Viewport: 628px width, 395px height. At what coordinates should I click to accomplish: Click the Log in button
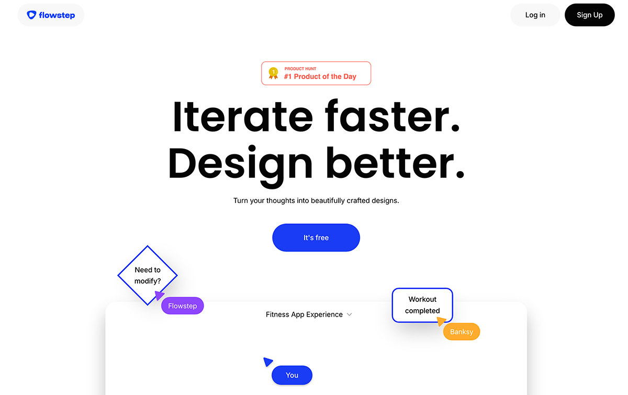tap(535, 15)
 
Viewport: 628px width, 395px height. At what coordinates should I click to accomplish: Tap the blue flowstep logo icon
tap(31, 15)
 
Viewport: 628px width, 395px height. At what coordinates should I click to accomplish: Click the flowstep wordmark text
tap(57, 15)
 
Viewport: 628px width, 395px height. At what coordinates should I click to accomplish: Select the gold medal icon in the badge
tap(273, 73)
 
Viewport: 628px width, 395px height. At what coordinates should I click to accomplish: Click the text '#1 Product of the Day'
tap(320, 76)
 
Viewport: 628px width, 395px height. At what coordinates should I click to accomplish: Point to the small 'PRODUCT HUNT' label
tap(300, 69)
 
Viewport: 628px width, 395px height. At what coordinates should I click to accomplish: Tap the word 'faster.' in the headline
tap(392, 116)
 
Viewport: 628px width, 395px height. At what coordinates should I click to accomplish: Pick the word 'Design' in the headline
tap(240, 165)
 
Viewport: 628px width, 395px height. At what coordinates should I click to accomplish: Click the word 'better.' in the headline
tap(395, 163)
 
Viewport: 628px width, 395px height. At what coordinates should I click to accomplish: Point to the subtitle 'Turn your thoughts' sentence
tap(316, 201)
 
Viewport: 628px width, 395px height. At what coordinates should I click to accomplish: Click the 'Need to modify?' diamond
tap(148, 275)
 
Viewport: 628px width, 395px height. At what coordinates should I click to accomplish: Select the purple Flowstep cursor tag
tap(183, 306)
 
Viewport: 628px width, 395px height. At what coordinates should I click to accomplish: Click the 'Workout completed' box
tap(422, 305)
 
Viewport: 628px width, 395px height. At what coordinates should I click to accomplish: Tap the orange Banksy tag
tap(462, 332)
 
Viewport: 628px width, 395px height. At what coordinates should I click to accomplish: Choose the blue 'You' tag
tap(292, 375)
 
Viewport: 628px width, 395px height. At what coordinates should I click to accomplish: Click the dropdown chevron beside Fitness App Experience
tap(350, 314)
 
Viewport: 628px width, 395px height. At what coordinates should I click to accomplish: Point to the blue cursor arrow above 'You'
tap(267, 362)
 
